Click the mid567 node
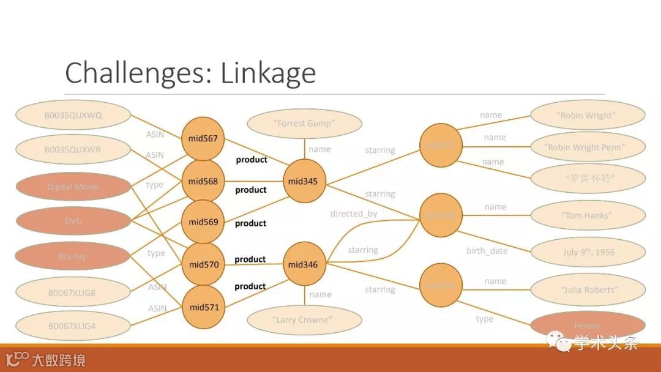click(203, 139)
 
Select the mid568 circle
click(203, 181)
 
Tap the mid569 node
click(203, 222)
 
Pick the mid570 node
click(203, 264)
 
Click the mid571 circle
click(203, 307)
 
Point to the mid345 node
click(305, 181)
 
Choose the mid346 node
click(305, 264)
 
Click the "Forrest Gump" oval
click(304, 124)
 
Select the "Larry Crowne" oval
click(304, 320)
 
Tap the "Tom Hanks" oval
click(587, 215)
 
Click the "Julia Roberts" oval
click(587, 289)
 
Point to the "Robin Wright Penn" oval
click(587, 147)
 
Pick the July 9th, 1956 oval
click(587, 252)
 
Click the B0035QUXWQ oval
click(73, 115)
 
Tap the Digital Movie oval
click(73, 187)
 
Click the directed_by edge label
click(354, 214)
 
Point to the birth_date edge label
click(487, 251)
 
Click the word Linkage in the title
click(268, 73)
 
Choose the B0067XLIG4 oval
click(73, 326)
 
